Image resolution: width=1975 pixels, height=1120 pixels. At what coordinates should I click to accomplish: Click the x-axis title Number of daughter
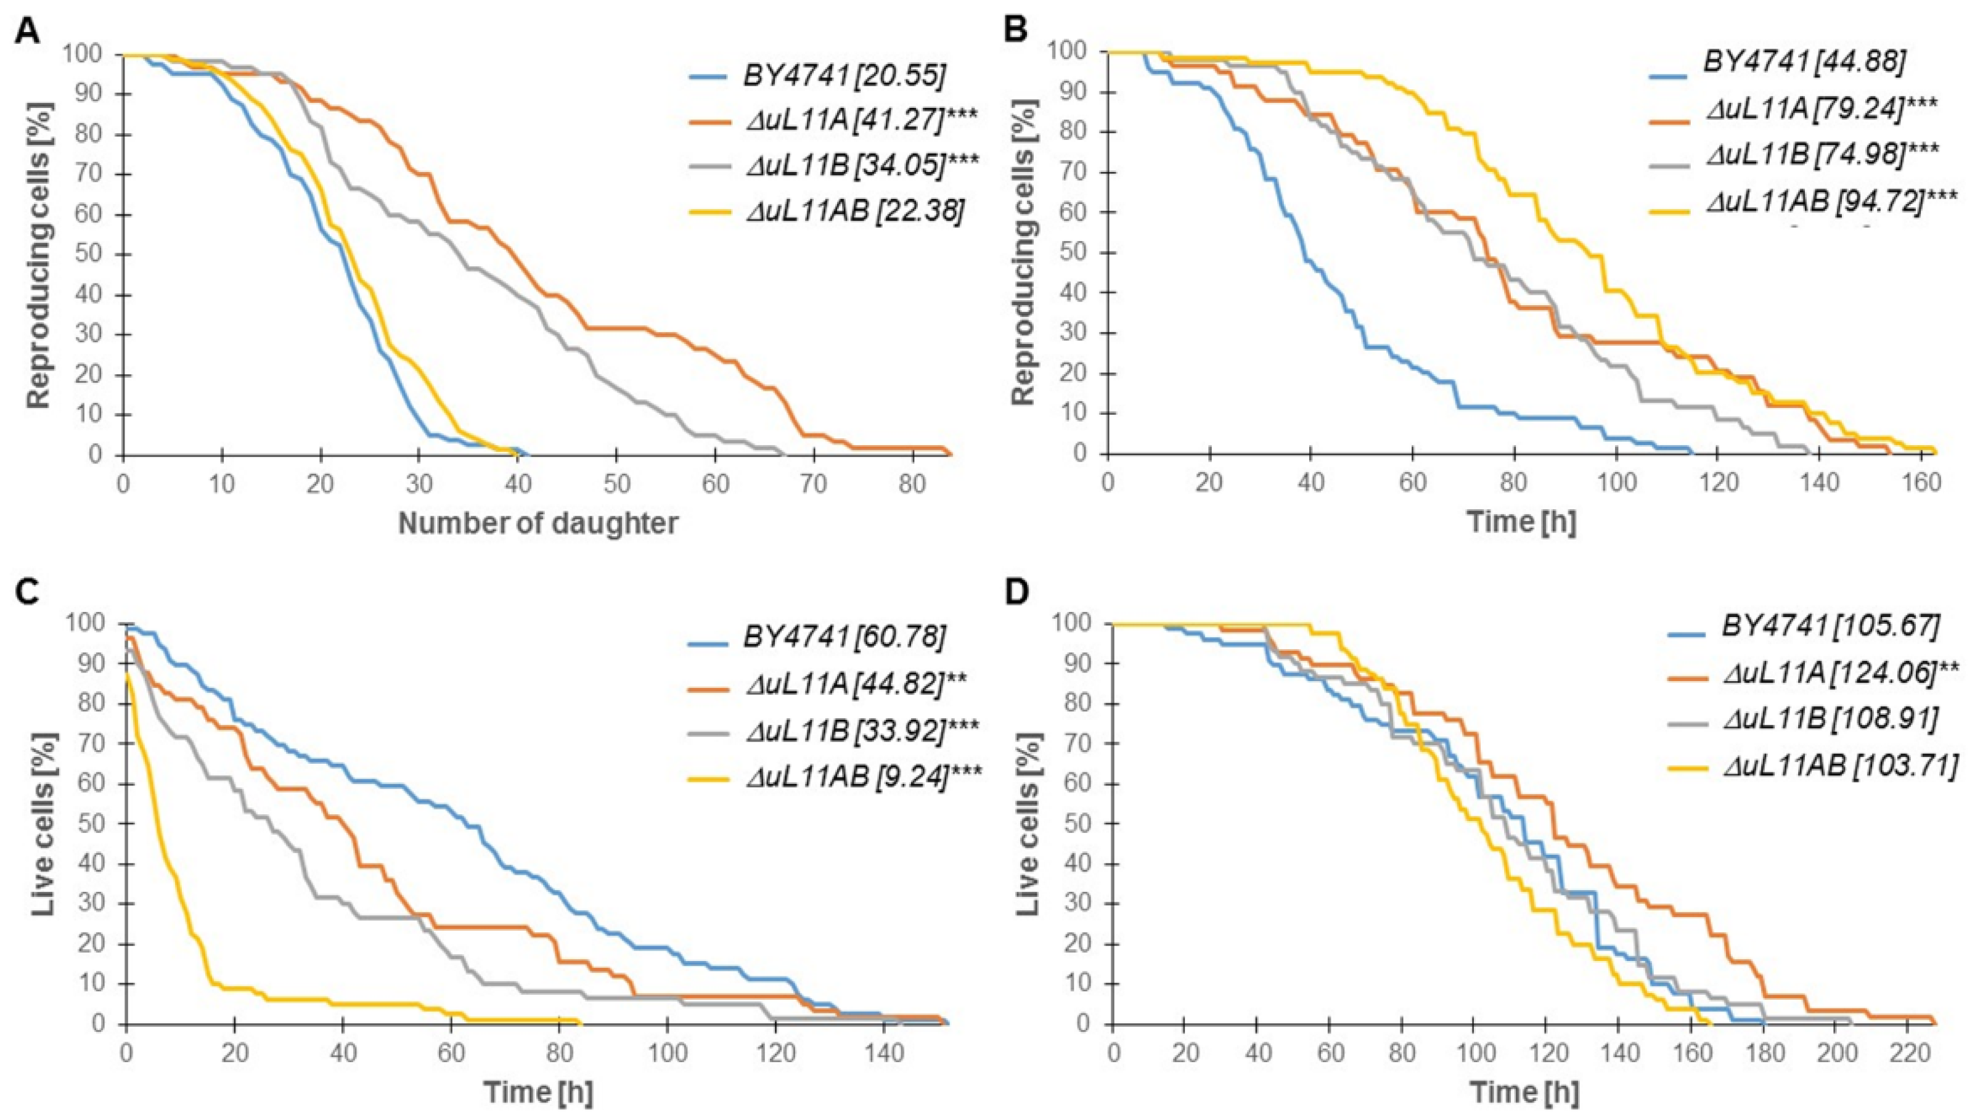point(538,523)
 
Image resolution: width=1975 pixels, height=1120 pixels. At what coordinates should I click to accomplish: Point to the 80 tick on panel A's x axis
point(913,484)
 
